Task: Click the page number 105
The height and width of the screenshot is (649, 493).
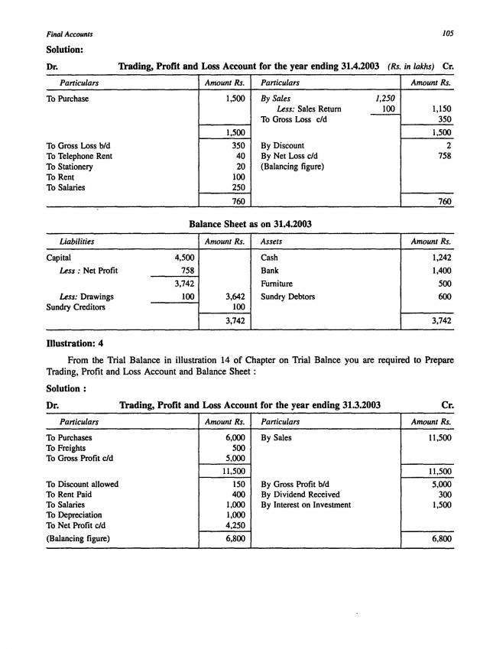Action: [448, 34]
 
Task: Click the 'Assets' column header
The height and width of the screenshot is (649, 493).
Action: [273, 241]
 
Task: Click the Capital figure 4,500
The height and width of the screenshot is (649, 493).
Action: [182, 258]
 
